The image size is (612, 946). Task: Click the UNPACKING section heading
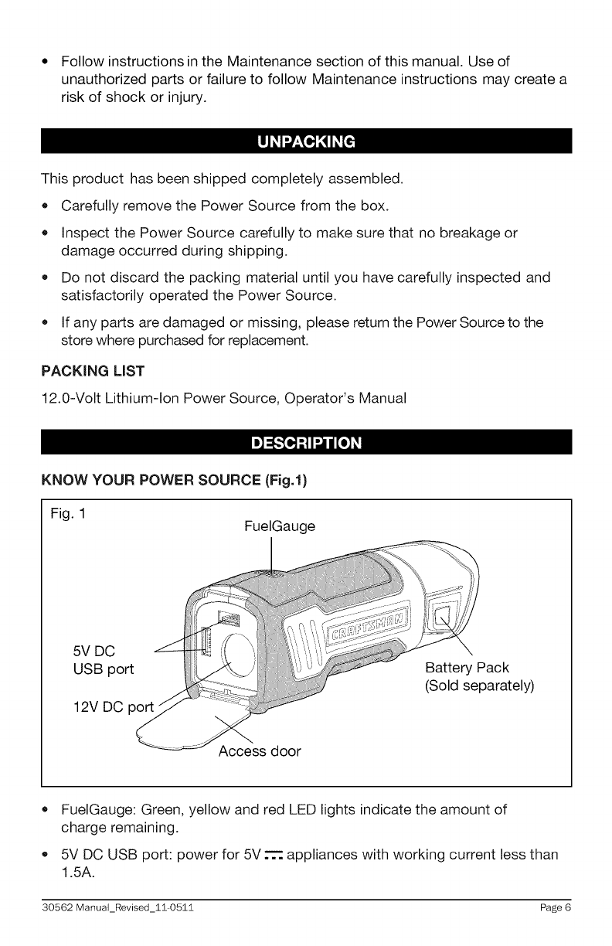coord(306,142)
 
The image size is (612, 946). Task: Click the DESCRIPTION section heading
coord(306,444)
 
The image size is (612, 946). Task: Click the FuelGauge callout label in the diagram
coord(279,527)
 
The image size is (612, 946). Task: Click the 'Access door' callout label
coord(259,750)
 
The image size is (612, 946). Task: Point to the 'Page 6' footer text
coord(556,929)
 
